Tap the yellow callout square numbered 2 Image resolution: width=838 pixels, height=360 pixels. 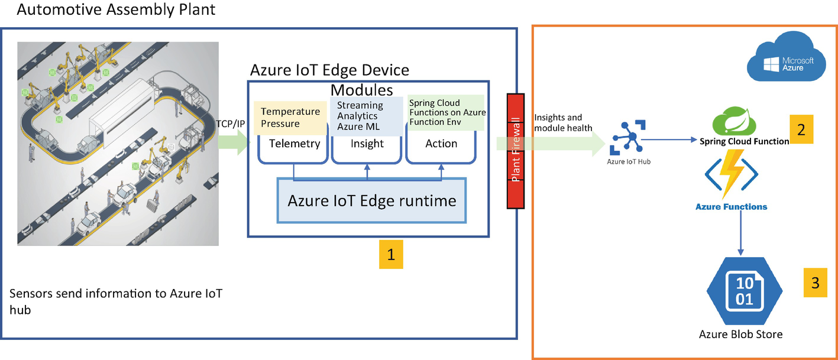tap(801, 129)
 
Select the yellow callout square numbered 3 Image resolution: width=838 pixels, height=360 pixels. tap(815, 283)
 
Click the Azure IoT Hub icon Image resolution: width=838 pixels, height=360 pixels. tap(628, 138)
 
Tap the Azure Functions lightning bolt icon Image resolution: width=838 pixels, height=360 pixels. tap(731, 174)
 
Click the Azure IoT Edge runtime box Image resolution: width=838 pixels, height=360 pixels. tap(371, 200)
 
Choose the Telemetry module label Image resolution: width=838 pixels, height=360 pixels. tap(294, 144)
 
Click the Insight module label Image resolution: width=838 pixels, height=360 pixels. tap(367, 144)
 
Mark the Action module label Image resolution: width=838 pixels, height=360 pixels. tap(441, 144)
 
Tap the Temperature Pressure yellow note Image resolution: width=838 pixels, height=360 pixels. tap(290, 117)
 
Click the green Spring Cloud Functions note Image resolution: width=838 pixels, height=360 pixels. tap(446, 112)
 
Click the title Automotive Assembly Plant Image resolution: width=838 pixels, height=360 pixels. tap(116, 10)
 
